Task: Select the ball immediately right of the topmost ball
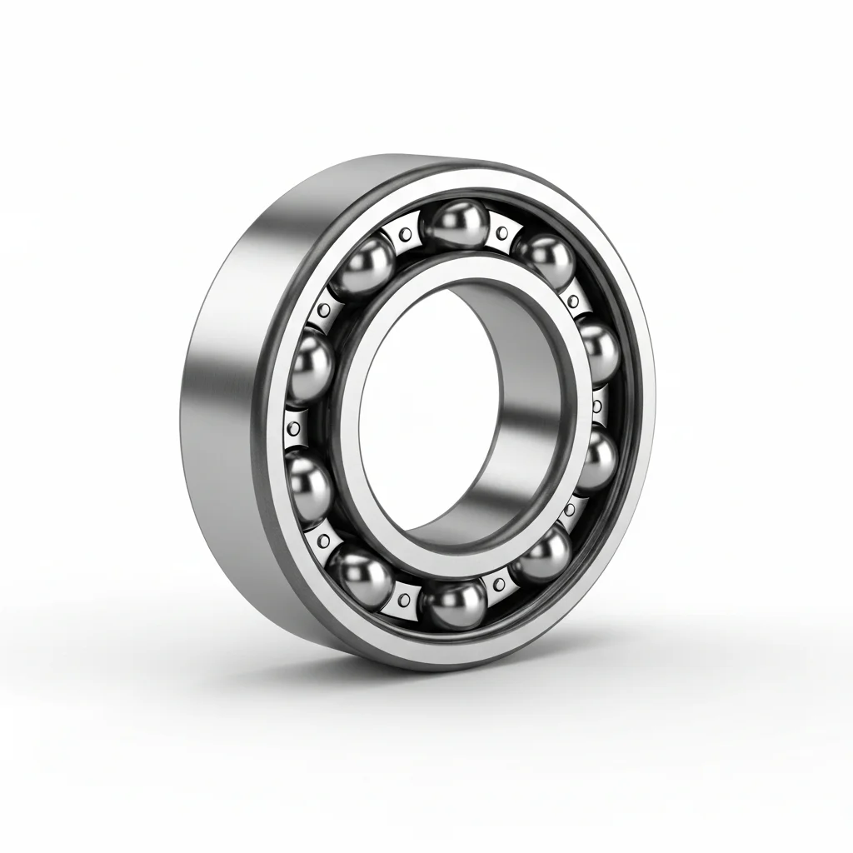pos(545,260)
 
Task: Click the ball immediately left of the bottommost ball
pos(360,574)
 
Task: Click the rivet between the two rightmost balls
pos(597,408)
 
